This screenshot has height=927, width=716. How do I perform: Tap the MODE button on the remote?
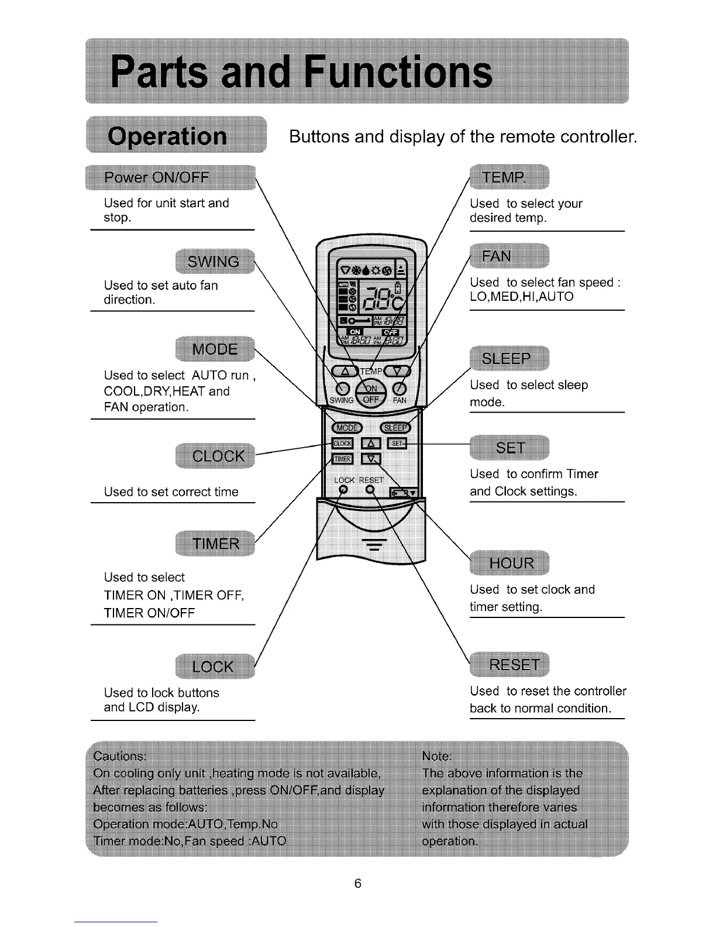(347, 427)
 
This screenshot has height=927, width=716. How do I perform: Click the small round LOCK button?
(344, 490)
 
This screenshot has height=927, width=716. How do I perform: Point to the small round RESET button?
(370, 490)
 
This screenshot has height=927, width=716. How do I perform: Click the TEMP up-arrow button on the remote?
(345, 371)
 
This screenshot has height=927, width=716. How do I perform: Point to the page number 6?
(358, 883)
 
